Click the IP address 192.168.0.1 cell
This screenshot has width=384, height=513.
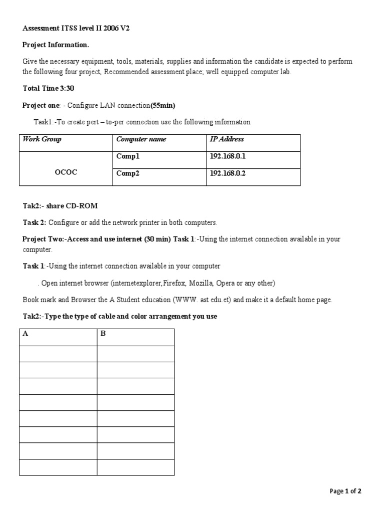click(227, 156)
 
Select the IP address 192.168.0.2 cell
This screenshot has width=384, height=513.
click(227, 174)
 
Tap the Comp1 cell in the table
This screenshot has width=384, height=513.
click(128, 156)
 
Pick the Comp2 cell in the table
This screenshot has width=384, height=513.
click(128, 174)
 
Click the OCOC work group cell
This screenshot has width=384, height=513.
click(65, 172)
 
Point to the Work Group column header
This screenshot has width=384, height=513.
click(42, 139)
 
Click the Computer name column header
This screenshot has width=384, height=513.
click(141, 139)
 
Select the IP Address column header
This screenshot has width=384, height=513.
click(227, 139)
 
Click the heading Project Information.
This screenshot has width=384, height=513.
click(56, 45)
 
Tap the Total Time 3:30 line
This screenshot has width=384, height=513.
click(48, 88)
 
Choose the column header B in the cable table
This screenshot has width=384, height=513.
click(103, 334)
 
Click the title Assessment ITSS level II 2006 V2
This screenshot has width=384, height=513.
click(76, 29)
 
